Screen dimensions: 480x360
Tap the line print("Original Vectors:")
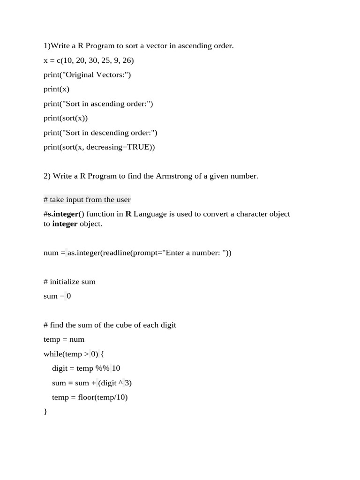(x=87, y=75)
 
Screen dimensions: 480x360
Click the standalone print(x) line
(x=56, y=90)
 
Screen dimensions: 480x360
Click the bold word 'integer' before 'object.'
(x=65, y=224)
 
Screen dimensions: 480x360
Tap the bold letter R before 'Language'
(x=128, y=214)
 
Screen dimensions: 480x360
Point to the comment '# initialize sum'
(x=69, y=282)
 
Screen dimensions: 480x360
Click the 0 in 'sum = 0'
(x=69, y=296)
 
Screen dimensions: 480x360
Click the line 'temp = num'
(x=64, y=339)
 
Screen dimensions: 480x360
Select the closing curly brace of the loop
(x=45, y=412)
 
